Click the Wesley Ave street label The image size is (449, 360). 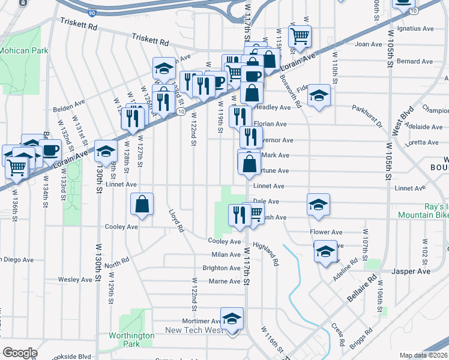(x=75, y=280)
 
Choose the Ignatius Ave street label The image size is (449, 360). (x=420, y=28)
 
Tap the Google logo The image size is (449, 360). (x=20, y=353)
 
